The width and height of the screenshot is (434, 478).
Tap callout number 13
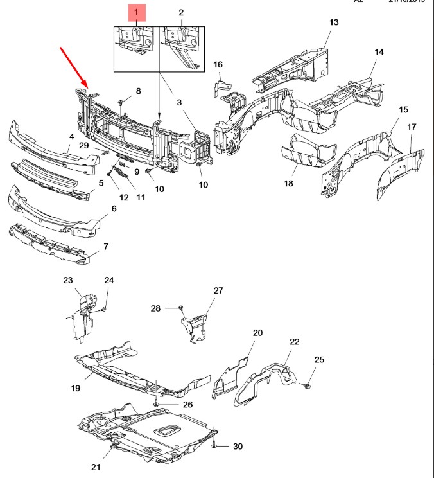coord(333,22)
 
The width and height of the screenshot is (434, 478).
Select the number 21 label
coord(96,466)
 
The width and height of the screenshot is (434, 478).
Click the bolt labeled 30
coord(214,445)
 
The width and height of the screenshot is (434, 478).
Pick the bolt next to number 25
coord(307,385)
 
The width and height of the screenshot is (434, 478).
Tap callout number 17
coord(410,127)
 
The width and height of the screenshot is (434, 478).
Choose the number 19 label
coord(75,387)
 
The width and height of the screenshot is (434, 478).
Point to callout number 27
coord(218,290)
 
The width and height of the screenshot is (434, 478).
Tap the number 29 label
coord(83,146)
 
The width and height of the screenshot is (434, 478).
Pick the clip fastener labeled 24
coord(103,309)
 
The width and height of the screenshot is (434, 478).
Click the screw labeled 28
coord(182,308)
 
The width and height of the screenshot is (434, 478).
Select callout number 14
coord(379,51)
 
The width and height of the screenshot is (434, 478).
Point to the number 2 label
coord(180,12)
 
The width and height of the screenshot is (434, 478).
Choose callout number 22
coord(294,342)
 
